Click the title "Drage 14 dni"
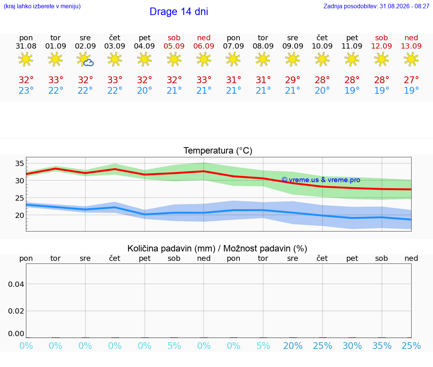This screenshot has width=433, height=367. click(179, 12)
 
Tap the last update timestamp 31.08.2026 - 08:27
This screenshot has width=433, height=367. click(404, 6)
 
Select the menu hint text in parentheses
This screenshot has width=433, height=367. click(42, 6)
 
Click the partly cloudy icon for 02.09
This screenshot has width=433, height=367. click(85, 59)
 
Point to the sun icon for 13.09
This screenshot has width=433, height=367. click(411, 59)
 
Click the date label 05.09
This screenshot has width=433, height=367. click(174, 46)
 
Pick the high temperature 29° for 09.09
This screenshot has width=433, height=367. click(292, 80)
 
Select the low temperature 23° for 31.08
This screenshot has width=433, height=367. click(26, 90)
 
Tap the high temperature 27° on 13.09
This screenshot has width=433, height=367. click(411, 80)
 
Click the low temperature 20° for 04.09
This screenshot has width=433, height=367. click(144, 90)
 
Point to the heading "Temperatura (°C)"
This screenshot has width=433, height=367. click(218, 151)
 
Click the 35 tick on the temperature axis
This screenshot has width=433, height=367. click(20, 163)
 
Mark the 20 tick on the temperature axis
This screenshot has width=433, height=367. click(20, 215)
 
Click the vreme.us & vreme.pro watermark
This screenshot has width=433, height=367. click(321, 180)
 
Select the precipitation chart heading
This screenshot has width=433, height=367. click(217, 248)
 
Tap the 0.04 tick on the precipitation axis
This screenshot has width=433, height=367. click(16, 284)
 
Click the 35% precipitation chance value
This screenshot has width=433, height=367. click(382, 346)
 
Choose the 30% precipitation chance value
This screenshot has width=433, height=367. click(352, 346)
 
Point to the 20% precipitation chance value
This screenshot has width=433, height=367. click(293, 346)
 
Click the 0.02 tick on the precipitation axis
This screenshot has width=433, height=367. click(16, 311)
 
